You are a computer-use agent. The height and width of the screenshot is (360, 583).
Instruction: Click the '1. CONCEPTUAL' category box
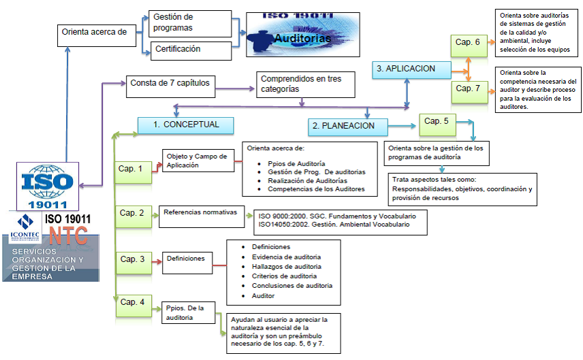pyautogui.click(x=185, y=125)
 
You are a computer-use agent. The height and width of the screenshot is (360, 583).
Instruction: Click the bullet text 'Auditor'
pyautogui.click(x=264, y=296)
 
